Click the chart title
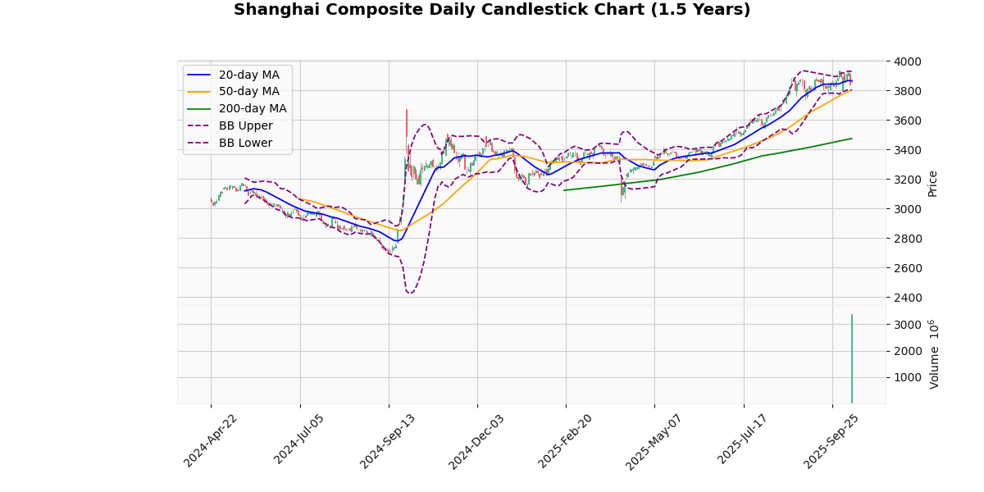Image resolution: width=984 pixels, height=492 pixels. tap(492, 10)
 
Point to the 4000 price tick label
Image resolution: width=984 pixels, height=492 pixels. tap(908, 61)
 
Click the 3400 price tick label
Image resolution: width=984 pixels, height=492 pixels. tap(908, 150)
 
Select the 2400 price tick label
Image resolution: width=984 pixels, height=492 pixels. tap(908, 298)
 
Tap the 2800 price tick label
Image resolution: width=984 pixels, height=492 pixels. tap(908, 239)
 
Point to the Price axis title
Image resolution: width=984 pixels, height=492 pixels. tap(932, 184)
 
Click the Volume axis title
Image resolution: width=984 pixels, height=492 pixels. tap(933, 354)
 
